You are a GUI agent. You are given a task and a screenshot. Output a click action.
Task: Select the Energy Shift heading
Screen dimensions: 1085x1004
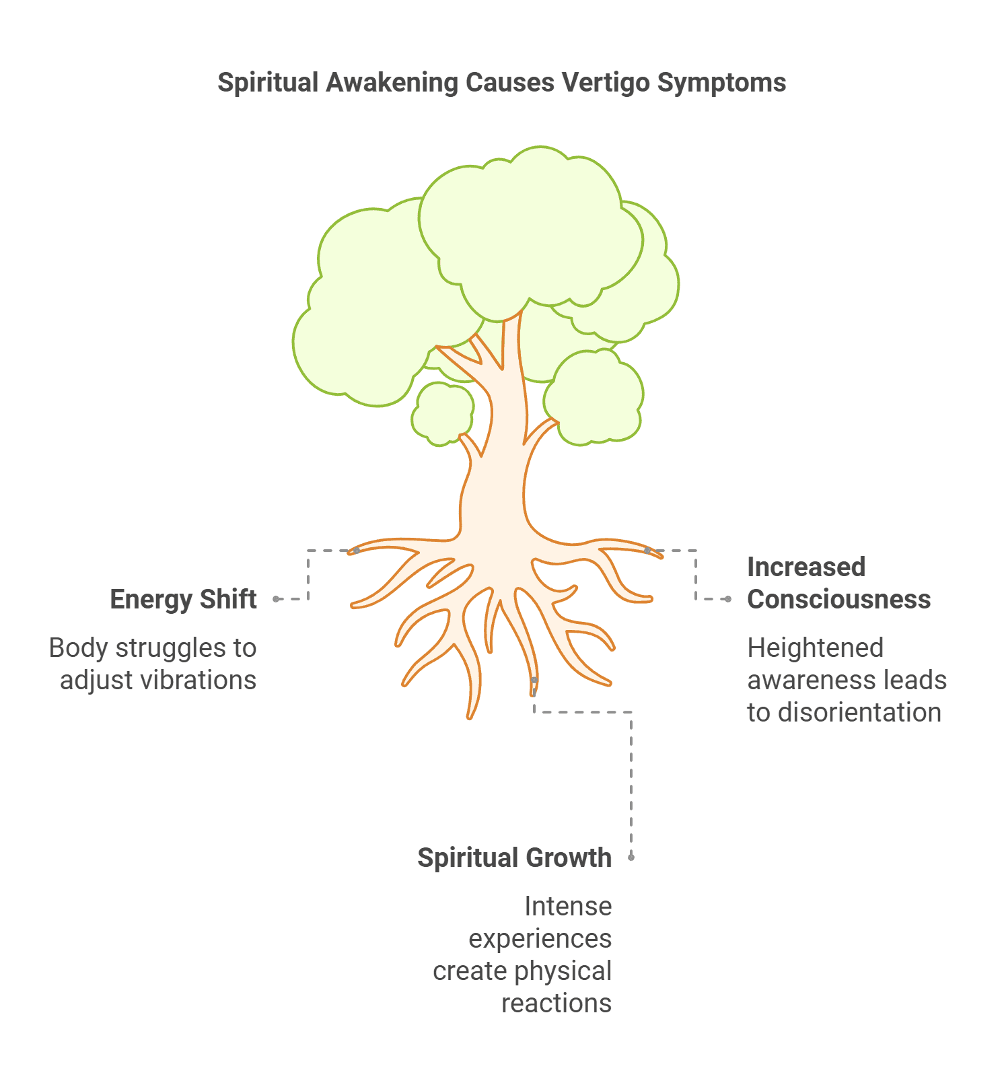click(x=183, y=599)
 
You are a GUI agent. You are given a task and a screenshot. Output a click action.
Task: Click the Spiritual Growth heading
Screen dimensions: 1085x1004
click(x=514, y=858)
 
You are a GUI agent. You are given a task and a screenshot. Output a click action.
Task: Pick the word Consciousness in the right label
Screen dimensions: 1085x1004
click(x=838, y=599)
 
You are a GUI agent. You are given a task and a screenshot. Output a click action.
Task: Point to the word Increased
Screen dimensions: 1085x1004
click(x=805, y=567)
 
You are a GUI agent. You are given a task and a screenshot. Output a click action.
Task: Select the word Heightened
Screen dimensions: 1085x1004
click(x=815, y=647)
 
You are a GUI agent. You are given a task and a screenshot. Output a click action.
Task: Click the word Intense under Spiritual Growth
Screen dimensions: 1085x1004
click(x=568, y=906)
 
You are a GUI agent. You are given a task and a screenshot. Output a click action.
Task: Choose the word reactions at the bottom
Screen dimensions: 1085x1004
click(x=557, y=1003)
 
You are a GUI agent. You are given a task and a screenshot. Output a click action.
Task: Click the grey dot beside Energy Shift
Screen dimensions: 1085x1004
click(x=277, y=599)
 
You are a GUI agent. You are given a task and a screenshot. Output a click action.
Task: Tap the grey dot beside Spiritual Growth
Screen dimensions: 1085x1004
click(x=631, y=858)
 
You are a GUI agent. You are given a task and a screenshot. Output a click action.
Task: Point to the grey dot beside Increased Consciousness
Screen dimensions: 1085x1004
click(x=728, y=599)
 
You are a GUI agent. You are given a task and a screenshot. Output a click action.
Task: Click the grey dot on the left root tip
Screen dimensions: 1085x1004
click(x=357, y=551)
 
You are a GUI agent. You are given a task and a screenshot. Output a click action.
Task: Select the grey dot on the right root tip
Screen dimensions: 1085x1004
click(x=647, y=551)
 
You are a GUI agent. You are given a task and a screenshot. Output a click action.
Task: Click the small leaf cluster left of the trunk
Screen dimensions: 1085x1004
click(x=443, y=413)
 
